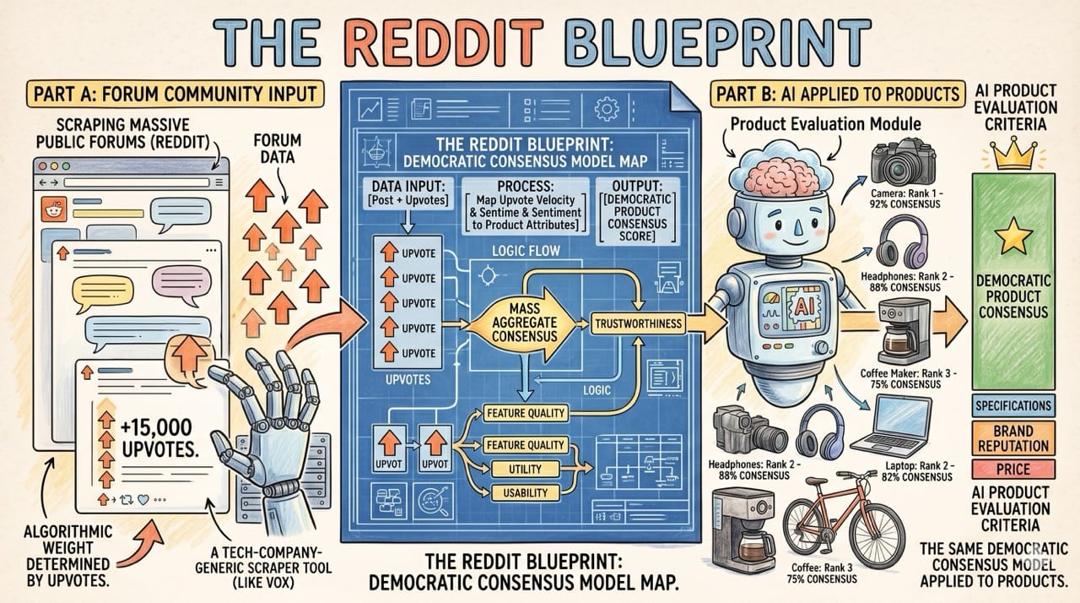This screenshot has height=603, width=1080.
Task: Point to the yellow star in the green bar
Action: click(x=1012, y=237)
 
